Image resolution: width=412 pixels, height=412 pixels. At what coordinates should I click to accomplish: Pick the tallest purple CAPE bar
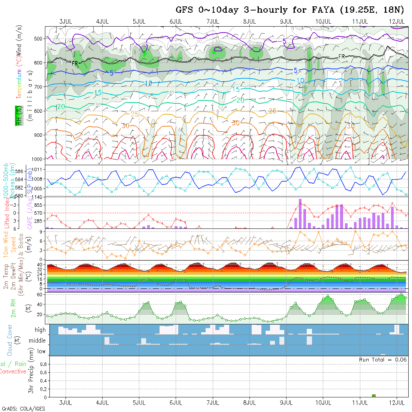(300, 213)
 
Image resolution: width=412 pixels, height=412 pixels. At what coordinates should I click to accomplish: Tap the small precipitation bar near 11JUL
(373, 396)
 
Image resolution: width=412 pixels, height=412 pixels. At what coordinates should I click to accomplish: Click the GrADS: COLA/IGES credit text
(23, 409)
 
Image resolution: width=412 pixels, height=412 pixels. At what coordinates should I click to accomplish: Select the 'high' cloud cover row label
(40, 330)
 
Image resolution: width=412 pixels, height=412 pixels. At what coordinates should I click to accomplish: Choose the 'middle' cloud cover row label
(37, 341)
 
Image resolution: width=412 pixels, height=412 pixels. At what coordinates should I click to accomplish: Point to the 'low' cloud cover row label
(41, 351)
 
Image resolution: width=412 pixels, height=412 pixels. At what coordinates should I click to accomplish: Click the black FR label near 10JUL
(341, 57)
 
